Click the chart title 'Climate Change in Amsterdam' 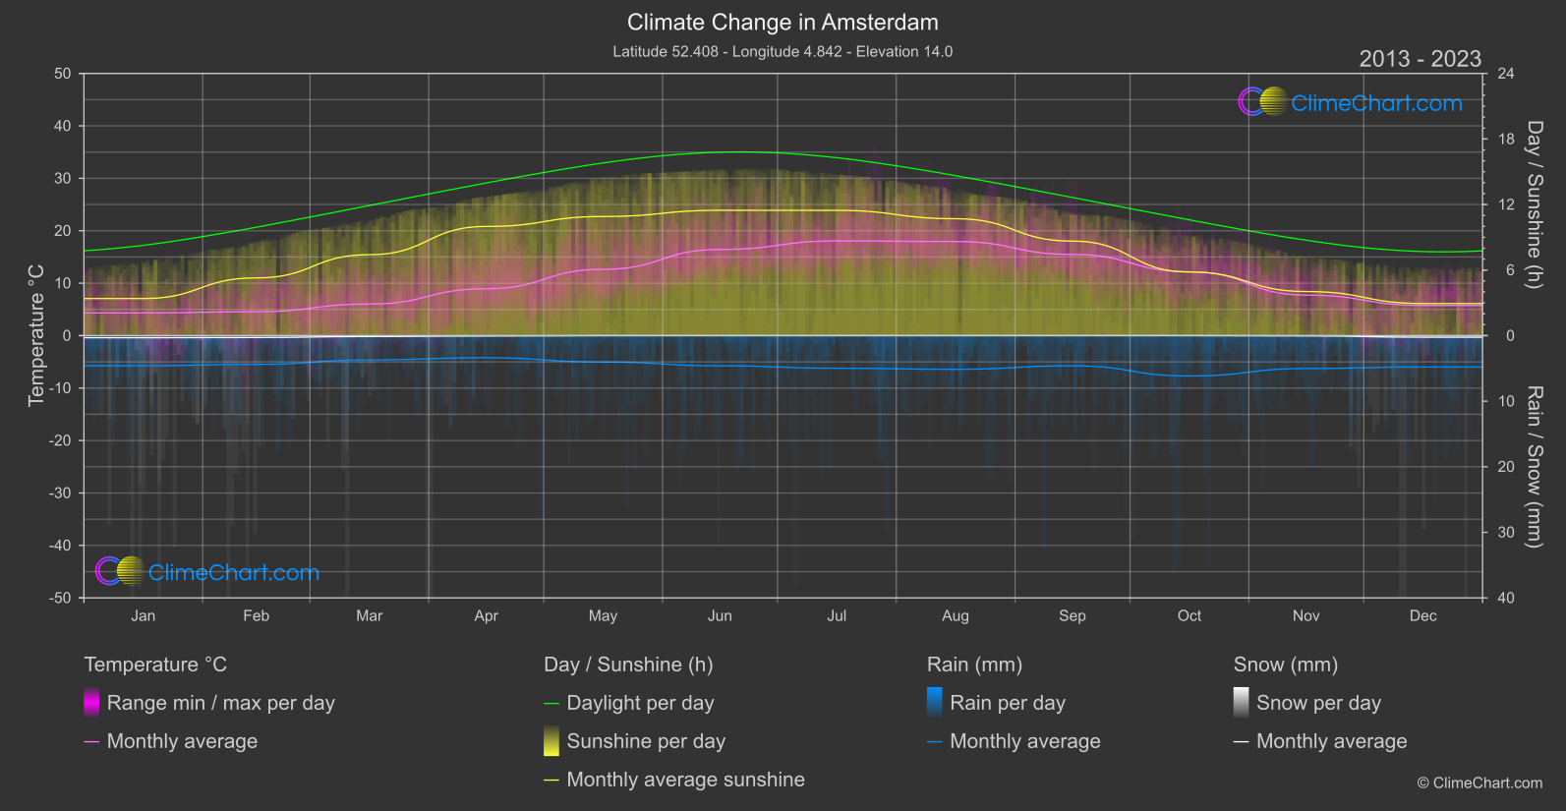click(783, 23)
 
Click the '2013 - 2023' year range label click(1420, 59)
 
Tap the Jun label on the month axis click(720, 616)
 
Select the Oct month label click(1189, 616)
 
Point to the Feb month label click(256, 616)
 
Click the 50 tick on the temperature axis click(63, 74)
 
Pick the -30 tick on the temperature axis click(60, 493)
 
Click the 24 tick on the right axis click(1505, 74)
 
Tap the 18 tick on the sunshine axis click(1505, 140)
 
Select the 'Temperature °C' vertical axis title click(36, 334)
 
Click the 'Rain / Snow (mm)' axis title click(1534, 466)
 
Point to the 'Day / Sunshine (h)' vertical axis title click(1534, 204)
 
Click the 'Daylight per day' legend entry click(640, 703)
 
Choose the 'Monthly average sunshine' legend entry click(685, 780)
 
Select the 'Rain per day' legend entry click(1007, 703)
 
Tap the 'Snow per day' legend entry click(1318, 703)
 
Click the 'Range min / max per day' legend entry click(220, 703)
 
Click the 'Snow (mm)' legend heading click(1285, 665)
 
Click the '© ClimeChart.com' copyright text click(1479, 783)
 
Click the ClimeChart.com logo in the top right click(1351, 102)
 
